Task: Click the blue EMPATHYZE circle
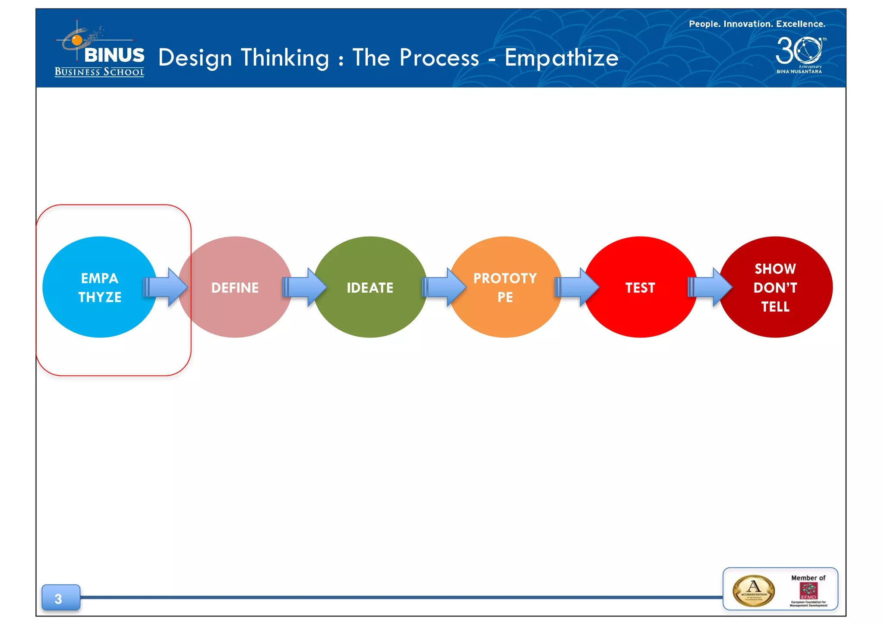click(99, 287)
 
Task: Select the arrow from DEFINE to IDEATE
click(305, 287)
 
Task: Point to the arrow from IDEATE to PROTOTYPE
click(444, 287)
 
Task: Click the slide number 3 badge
click(60, 598)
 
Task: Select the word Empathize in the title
click(561, 58)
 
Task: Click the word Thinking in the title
click(285, 58)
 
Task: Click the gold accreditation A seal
click(754, 590)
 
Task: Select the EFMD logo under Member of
click(808, 591)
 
